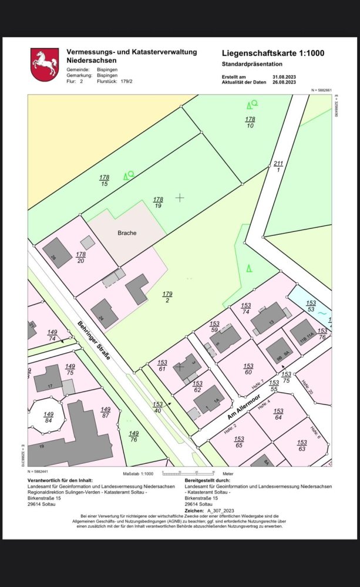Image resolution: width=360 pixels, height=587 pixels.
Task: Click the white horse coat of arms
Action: pos(45,65)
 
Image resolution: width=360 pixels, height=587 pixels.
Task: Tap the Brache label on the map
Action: pos(126,233)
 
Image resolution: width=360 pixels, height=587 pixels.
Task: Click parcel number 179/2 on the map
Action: pos(167,297)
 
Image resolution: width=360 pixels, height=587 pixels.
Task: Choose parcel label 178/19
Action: pos(158,203)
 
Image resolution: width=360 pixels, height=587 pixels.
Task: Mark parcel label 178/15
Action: pos(105,180)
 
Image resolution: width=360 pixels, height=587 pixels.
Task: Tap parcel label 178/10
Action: pos(250,122)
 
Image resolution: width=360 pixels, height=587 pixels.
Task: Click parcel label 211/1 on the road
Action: pos(278,166)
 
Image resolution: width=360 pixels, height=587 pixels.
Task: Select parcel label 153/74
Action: pos(246,309)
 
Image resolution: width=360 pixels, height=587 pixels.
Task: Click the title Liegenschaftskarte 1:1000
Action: pos(273,53)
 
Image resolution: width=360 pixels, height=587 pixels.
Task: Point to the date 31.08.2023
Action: pos(285,77)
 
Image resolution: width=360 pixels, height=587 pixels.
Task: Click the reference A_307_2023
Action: pos(220,511)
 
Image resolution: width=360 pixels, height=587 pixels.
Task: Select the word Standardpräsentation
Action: pos(252,63)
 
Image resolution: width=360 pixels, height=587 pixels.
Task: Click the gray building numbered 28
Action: pos(57,252)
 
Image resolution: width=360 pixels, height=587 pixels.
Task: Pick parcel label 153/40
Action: pos(158,407)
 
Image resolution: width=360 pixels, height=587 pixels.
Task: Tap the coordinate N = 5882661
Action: pos(321,90)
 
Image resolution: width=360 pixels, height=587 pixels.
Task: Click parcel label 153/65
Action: pos(239,442)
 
